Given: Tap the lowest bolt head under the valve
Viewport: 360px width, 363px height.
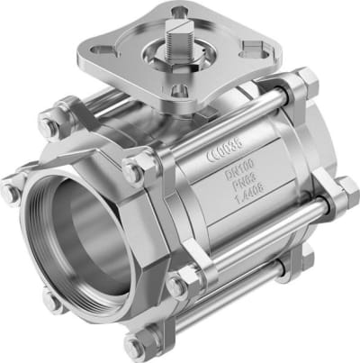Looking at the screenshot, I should click(138, 344).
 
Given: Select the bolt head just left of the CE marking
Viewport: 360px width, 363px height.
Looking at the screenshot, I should click(139, 168).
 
